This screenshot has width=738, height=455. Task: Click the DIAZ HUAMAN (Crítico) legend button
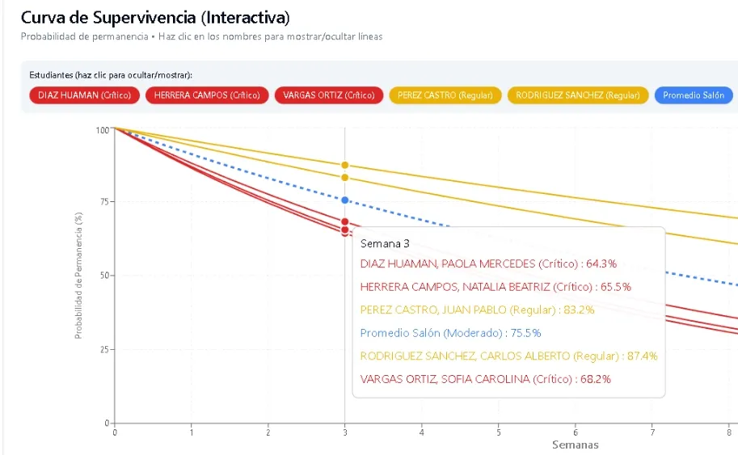point(85,95)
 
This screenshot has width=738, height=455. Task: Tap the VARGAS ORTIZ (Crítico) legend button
point(328,95)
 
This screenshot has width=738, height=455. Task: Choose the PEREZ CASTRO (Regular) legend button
point(445,95)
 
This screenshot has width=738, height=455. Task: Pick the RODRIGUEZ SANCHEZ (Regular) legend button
point(577,95)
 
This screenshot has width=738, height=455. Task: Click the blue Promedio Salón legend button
point(694,95)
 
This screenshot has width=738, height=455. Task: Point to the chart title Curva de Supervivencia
point(155,17)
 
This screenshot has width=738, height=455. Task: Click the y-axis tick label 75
point(103,202)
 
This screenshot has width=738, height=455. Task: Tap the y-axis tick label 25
point(103,350)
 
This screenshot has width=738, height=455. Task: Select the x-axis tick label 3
point(345,432)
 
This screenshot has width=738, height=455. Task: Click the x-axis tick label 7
point(652,432)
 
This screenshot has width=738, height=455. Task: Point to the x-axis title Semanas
point(576,444)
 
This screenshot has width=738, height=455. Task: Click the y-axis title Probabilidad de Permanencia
point(78,276)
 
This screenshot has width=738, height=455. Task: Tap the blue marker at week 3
point(345,200)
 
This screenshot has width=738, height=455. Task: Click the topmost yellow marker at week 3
point(345,165)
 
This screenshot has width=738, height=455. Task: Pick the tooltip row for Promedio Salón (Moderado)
point(450,332)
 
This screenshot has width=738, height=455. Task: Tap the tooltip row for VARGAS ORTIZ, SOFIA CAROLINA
point(485,378)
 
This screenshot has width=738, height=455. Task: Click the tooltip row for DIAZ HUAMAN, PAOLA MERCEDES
point(488,263)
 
